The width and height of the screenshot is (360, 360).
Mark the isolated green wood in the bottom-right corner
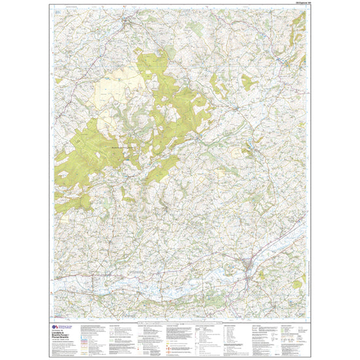pyautogui.click(x=297, y=283)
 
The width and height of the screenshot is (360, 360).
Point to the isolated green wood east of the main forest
pyautogui.click(x=249, y=83)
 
